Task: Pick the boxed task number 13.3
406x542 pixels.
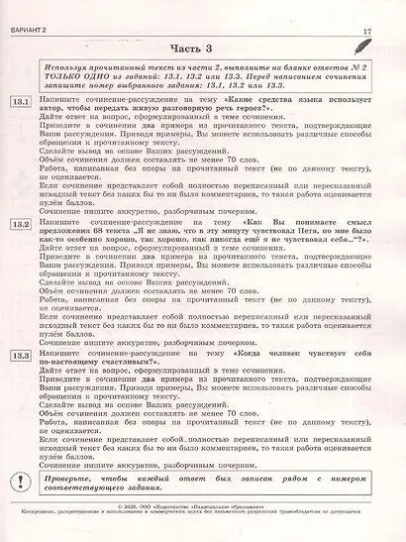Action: (21, 356)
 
